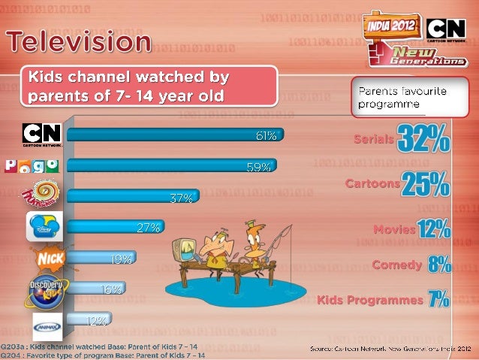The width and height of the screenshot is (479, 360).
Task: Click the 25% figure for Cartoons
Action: (x=426, y=184)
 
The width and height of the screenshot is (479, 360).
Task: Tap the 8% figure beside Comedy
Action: (x=439, y=264)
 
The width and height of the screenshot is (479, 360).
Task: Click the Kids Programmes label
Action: (x=370, y=300)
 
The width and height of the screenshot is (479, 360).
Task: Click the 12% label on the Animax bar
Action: (x=95, y=320)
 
